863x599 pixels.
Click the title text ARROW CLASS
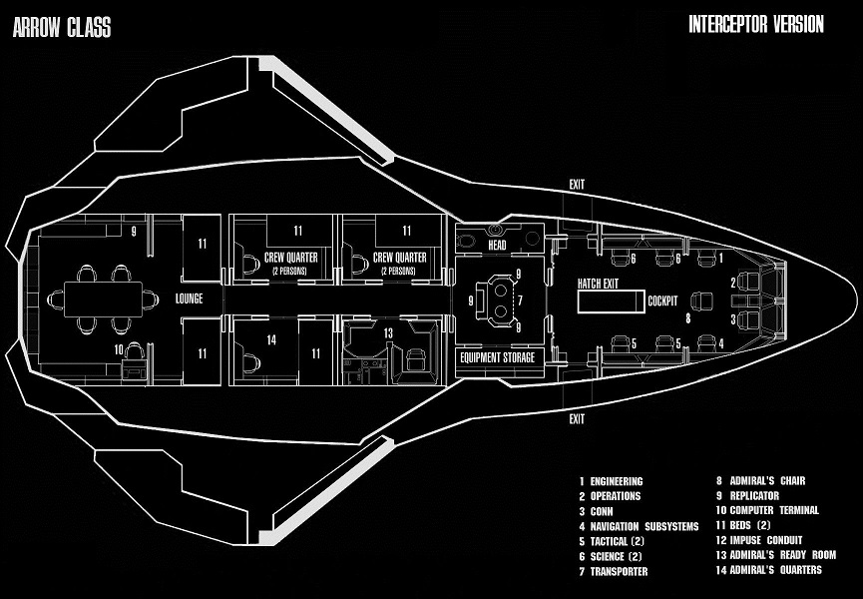(62, 27)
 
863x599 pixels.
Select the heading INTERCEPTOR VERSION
(756, 25)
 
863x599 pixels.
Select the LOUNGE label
(189, 299)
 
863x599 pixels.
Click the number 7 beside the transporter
(519, 300)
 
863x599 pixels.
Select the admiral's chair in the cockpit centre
(702, 299)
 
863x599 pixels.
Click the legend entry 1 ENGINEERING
(612, 481)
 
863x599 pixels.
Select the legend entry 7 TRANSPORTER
(614, 571)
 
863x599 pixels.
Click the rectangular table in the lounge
(104, 298)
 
